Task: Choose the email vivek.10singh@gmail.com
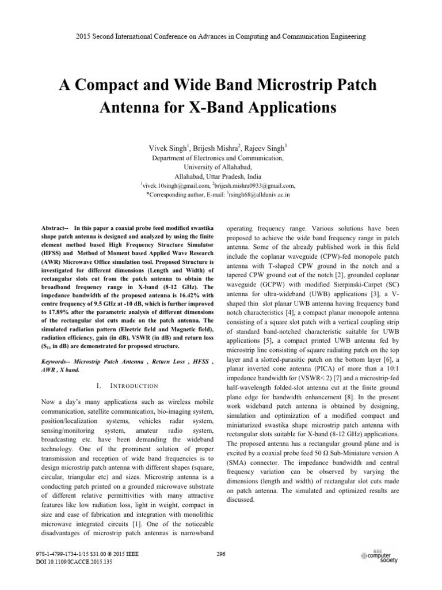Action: coord(174,186)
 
